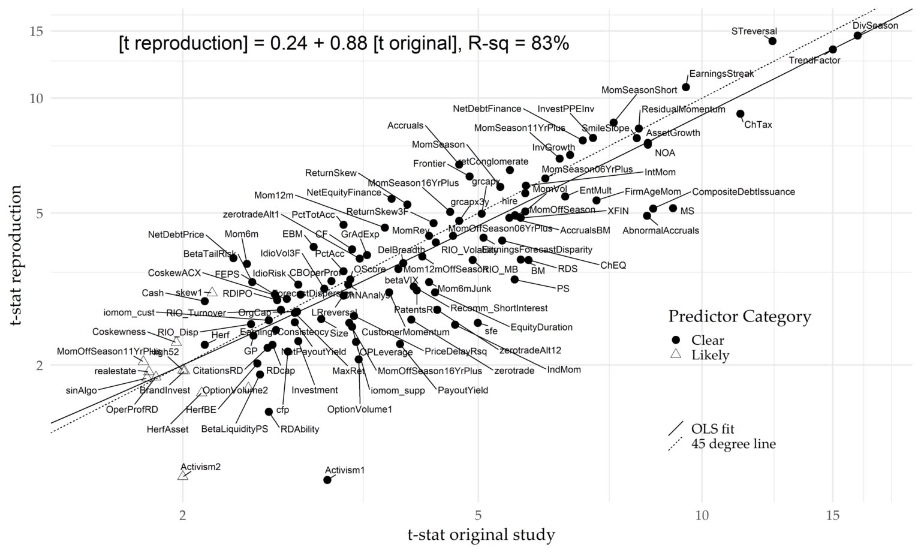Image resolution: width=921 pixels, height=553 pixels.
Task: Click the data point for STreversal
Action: click(772, 41)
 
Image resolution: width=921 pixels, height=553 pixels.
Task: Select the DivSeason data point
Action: click(857, 35)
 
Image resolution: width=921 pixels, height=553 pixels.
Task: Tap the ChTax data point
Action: click(741, 114)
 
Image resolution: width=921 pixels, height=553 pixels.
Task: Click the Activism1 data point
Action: click(327, 480)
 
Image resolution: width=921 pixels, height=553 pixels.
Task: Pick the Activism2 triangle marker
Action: click(183, 476)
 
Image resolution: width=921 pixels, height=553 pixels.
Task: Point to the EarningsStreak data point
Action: click(686, 87)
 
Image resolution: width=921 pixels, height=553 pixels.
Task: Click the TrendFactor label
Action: click(814, 61)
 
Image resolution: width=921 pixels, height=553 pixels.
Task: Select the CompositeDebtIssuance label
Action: click(743, 192)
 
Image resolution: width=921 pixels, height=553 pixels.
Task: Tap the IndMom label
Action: click(564, 369)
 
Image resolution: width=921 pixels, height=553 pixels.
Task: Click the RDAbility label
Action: click(300, 429)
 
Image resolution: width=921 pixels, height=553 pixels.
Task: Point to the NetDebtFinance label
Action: click(487, 109)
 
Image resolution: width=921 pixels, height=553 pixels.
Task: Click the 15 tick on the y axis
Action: click(36, 31)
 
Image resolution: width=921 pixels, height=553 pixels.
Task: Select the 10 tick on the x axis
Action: click(702, 515)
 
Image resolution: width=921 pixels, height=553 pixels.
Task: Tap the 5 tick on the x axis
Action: click(478, 515)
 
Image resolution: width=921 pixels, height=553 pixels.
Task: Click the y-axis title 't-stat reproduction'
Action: click(16, 256)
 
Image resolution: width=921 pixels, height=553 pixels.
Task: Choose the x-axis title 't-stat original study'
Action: click(481, 534)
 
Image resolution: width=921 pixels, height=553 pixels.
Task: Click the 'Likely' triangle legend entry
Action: click(710, 355)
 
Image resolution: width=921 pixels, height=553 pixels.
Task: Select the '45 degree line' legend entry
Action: click(733, 444)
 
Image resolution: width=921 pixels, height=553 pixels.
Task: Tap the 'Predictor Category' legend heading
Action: click(739, 316)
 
